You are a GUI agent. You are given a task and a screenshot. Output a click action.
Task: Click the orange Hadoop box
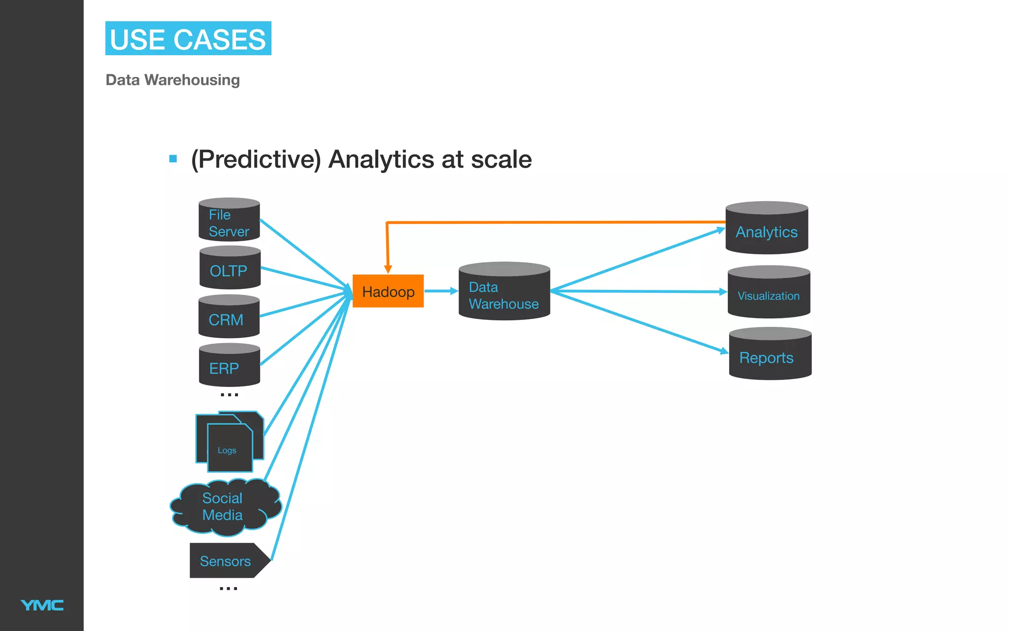click(388, 291)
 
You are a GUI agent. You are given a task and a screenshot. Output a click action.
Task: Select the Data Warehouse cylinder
click(504, 294)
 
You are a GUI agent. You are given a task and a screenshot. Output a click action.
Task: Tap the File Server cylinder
click(229, 222)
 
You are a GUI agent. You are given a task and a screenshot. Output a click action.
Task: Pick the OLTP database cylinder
click(230, 270)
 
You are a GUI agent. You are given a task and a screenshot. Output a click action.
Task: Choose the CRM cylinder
click(229, 318)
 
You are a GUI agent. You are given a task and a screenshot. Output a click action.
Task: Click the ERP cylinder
click(229, 367)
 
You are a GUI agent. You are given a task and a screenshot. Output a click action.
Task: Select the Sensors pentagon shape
click(227, 561)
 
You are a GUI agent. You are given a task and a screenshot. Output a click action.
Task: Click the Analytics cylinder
click(767, 230)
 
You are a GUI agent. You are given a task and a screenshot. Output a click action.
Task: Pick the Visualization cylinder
click(769, 294)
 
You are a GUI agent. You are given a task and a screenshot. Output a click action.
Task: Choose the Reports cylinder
click(770, 356)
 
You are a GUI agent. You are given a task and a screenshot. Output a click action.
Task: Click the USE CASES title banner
click(188, 38)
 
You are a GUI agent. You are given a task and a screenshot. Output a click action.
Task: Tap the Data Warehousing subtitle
click(172, 80)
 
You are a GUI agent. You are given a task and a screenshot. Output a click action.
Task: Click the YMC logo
click(42, 605)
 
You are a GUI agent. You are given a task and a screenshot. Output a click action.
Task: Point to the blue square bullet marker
click(173, 159)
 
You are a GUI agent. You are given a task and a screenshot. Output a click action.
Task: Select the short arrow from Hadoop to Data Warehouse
click(440, 291)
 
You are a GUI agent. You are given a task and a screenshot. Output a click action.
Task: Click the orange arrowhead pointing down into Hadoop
click(388, 269)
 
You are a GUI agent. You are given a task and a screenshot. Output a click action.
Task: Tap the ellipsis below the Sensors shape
click(228, 588)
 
